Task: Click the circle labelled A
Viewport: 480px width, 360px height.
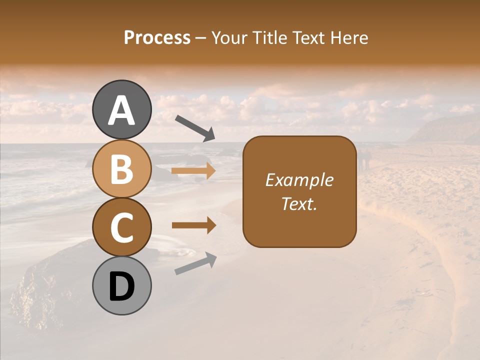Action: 122,110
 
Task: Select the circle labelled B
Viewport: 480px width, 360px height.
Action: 122,168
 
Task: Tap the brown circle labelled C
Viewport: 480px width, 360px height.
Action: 122,227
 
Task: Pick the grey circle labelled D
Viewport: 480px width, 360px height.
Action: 122,285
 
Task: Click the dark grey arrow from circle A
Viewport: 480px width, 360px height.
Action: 194,128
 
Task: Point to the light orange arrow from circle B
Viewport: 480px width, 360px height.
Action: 193,171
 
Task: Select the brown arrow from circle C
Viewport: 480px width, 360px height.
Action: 193,225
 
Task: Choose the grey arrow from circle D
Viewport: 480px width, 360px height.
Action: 195,263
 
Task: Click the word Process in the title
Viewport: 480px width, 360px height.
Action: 157,37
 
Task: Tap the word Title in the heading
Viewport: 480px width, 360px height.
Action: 268,37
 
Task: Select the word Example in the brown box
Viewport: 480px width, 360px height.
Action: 299,180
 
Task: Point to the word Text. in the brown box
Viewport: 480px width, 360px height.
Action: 299,203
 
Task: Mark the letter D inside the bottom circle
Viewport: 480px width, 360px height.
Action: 122,287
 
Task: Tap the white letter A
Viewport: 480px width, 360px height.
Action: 122,110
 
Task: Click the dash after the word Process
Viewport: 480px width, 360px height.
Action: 201,38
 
